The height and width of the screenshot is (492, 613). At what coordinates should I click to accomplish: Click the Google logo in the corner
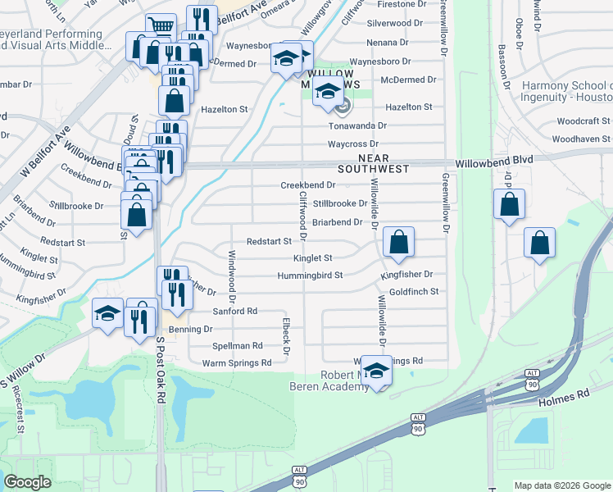click(x=28, y=482)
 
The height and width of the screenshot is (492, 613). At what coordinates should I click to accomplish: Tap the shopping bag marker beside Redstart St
click(x=398, y=242)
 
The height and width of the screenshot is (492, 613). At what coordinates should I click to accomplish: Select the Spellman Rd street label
click(x=237, y=346)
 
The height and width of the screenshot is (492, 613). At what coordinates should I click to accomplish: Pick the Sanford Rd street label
click(x=235, y=312)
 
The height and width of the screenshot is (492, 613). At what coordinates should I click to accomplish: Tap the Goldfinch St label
click(x=414, y=291)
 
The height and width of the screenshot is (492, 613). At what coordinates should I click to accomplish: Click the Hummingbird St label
click(x=310, y=276)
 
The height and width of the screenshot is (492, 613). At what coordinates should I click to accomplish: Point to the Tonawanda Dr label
click(x=356, y=125)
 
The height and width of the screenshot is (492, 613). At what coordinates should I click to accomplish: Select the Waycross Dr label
click(x=357, y=144)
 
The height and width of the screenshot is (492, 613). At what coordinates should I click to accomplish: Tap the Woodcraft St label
click(x=583, y=121)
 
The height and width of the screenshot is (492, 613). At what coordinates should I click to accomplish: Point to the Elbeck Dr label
click(x=286, y=336)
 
